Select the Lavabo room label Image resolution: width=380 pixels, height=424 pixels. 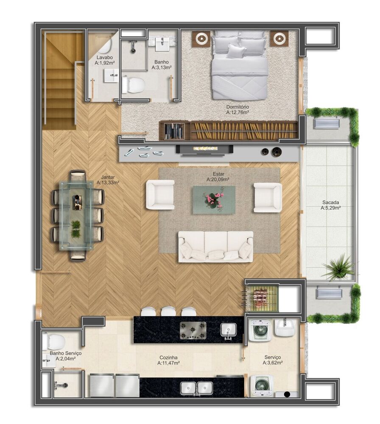click(x=104, y=57)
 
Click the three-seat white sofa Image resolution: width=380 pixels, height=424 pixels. click(x=215, y=247)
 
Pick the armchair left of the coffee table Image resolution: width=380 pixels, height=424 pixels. click(x=160, y=195)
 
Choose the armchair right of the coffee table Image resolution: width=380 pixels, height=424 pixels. click(x=268, y=197)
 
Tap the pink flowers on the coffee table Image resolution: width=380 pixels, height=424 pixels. click(x=214, y=199)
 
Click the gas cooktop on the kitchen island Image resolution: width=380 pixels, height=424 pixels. click(x=193, y=330)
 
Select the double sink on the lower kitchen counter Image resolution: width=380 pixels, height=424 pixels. click(x=196, y=388)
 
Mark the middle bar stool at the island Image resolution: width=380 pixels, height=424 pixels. click(x=168, y=311)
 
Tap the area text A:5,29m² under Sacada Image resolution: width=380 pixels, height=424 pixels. click(x=331, y=208)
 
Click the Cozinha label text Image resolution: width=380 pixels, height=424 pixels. click(x=169, y=357)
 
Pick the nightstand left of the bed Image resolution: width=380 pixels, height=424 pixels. click(x=200, y=39)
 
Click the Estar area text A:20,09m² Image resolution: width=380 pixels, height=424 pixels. click(x=218, y=180)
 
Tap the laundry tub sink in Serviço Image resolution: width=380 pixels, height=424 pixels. click(x=285, y=328)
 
